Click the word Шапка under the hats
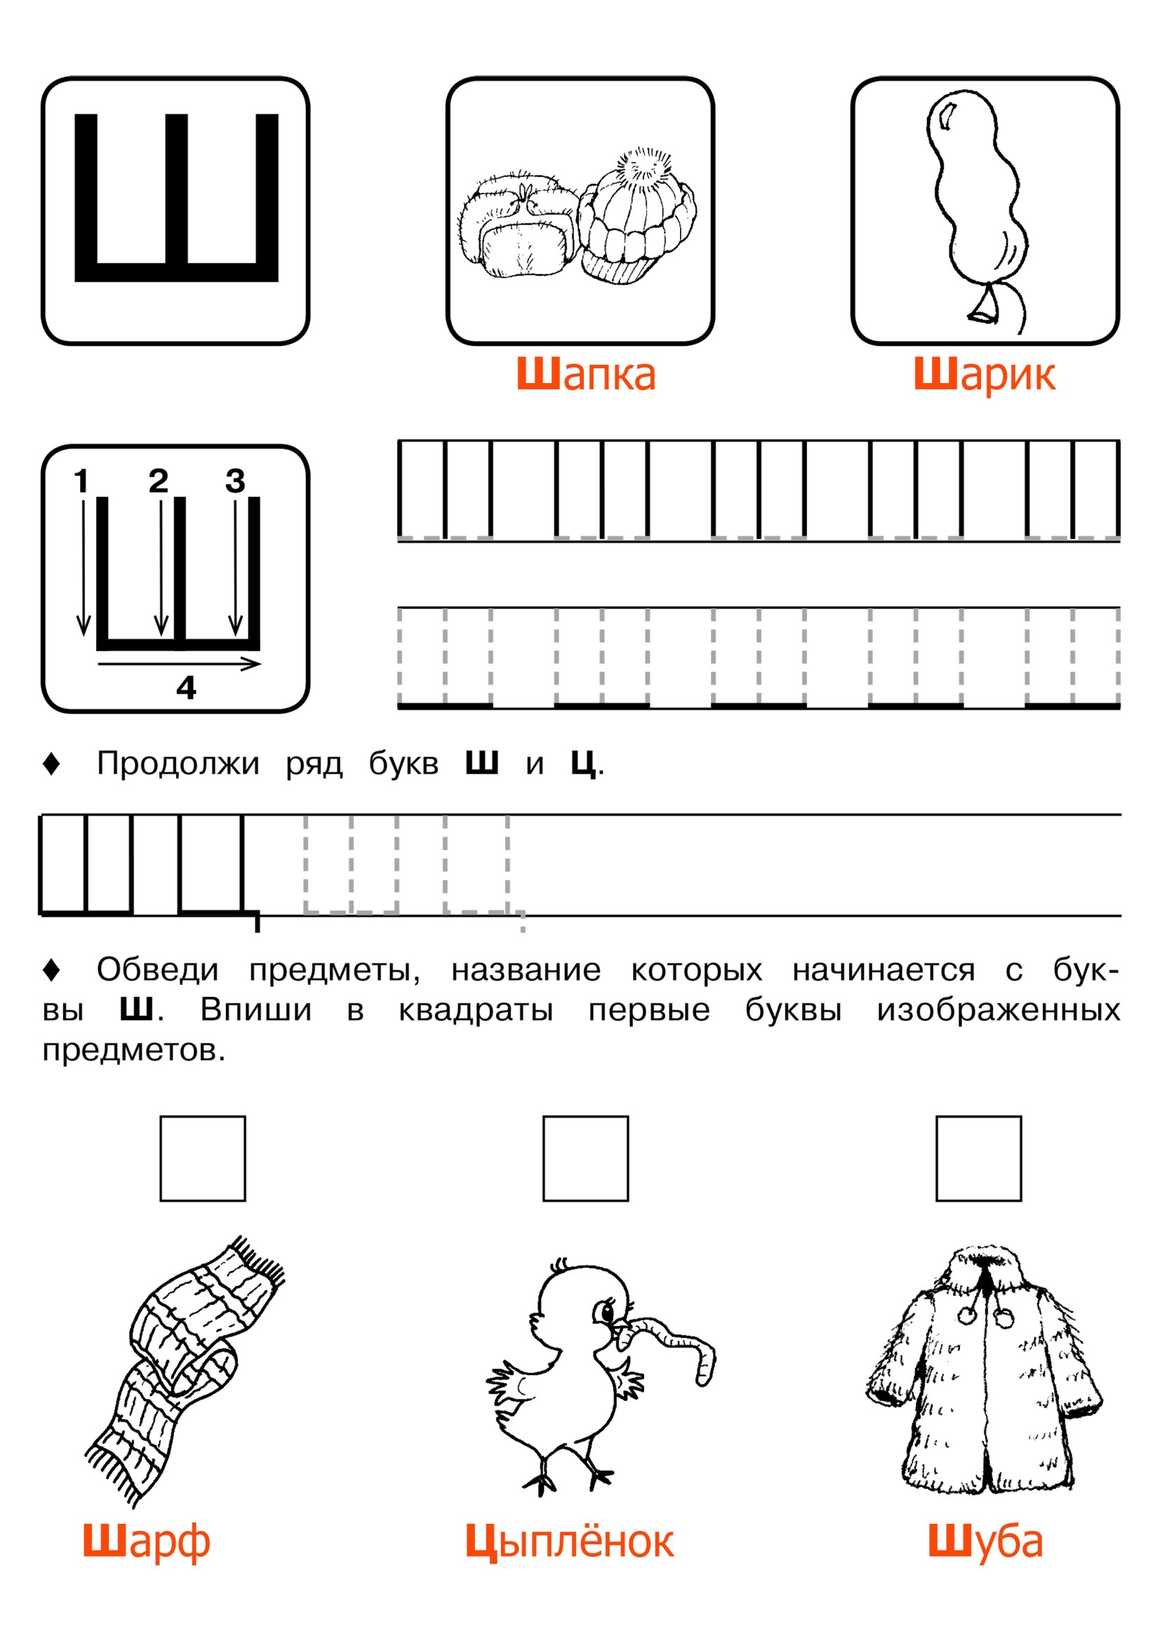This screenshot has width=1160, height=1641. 585,375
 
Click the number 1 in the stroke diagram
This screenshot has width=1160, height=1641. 81,481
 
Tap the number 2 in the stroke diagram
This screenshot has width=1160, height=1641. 158,481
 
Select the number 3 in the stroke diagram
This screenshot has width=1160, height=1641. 235,481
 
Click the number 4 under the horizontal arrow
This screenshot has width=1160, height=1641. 186,688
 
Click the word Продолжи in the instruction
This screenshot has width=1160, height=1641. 178,765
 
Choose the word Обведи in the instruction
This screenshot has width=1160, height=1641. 158,970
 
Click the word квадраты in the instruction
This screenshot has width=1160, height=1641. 476,1012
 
